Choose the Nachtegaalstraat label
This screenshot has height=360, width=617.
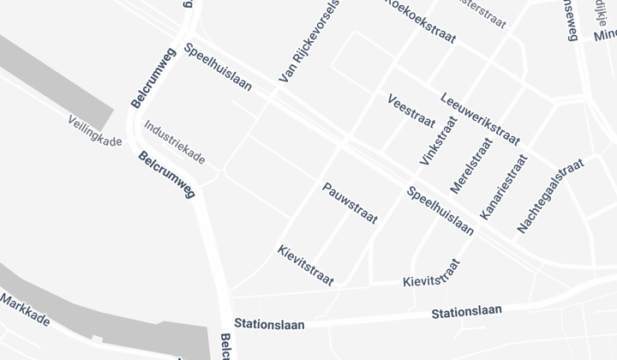(550, 195)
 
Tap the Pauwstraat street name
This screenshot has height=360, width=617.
(350, 203)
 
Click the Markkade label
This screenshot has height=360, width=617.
(25, 310)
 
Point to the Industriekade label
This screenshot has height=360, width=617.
(174, 142)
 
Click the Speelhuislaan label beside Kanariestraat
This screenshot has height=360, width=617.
(440, 211)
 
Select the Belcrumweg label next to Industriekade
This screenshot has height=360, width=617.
(166, 175)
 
